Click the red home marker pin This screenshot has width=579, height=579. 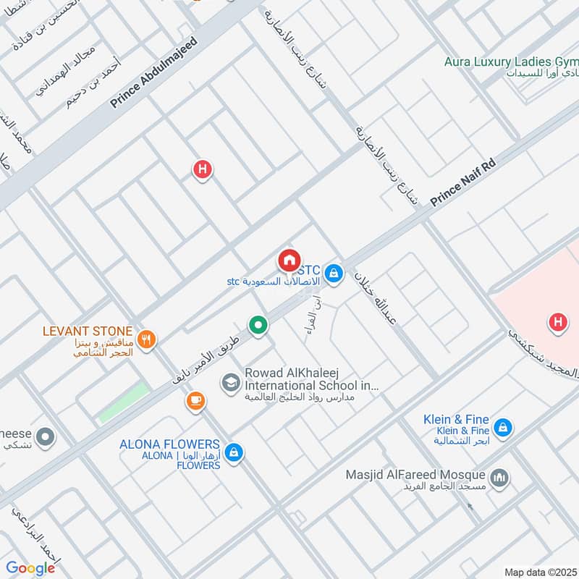(x=288, y=260)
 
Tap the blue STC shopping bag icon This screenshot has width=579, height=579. (x=333, y=273)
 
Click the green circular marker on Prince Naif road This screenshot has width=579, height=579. (x=257, y=326)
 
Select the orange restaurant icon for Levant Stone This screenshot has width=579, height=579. (x=146, y=339)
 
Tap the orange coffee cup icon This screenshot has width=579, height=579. (x=195, y=400)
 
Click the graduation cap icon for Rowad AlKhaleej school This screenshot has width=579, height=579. (x=231, y=382)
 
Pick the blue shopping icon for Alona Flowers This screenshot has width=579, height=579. (x=233, y=452)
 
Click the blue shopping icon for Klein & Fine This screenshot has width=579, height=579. (x=504, y=428)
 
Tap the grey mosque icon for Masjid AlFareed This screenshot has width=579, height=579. (x=499, y=478)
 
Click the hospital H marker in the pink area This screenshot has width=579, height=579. (x=557, y=321)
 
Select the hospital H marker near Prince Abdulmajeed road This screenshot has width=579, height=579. (x=202, y=170)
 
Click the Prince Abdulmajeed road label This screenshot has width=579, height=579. (x=154, y=73)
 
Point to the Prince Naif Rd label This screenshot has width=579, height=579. (x=462, y=184)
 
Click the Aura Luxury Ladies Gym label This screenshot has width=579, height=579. (x=511, y=62)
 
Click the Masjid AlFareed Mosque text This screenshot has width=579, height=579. (x=415, y=475)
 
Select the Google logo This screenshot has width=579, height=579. (x=30, y=568)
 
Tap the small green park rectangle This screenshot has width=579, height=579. (x=124, y=403)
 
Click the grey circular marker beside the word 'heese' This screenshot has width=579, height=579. (x=45, y=437)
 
